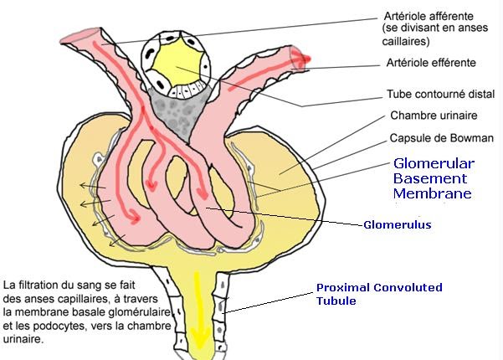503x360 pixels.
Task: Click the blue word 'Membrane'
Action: pos(432,194)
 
